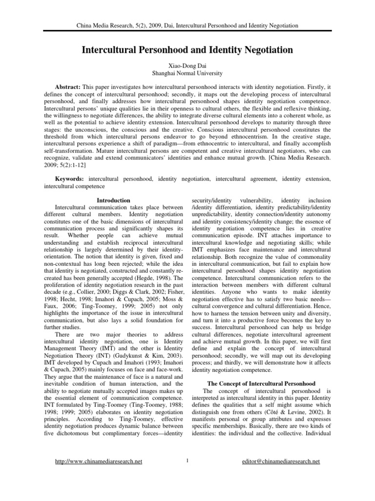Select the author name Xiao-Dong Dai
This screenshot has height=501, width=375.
tap(187, 65)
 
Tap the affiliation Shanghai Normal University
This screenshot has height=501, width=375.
tap(187, 73)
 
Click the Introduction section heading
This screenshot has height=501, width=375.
tap(113, 200)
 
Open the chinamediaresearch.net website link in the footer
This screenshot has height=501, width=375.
tap(101, 461)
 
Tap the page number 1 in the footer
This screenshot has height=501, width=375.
tap(187, 460)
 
